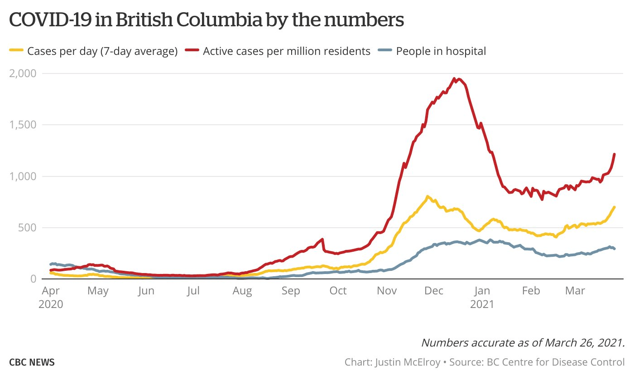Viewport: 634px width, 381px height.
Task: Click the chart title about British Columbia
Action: click(x=207, y=20)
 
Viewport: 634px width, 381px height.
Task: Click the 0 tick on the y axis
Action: click(x=34, y=279)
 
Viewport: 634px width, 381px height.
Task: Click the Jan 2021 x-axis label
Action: click(x=482, y=297)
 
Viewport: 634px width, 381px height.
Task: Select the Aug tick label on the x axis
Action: click(x=242, y=291)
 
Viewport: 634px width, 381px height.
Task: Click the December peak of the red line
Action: click(x=454, y=79)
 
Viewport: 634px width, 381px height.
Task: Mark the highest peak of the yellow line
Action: click(x=427, y=196)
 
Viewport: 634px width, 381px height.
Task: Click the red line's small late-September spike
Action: click(x=322, y=239)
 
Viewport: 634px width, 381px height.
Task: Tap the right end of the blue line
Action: click(x=614, y=249)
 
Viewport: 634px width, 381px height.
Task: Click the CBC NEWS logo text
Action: click(x=32, y=362)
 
